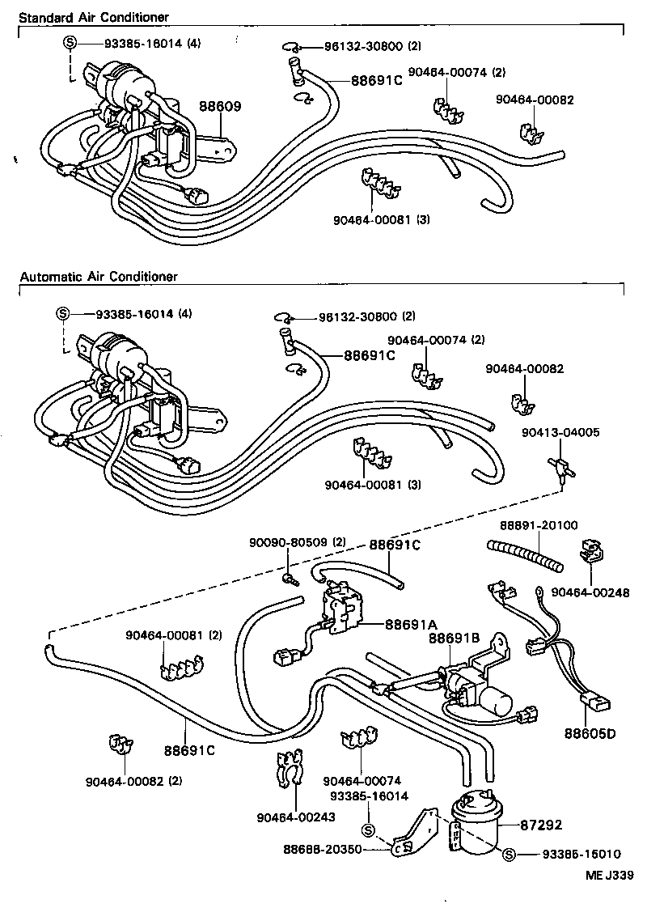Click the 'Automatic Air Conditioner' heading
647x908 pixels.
tap(98, 277)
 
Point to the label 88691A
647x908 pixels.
tap(410, 624)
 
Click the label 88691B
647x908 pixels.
tap(454, 639)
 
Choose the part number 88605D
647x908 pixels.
tap(590, 734)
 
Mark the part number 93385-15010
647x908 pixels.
tap(581, 855)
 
